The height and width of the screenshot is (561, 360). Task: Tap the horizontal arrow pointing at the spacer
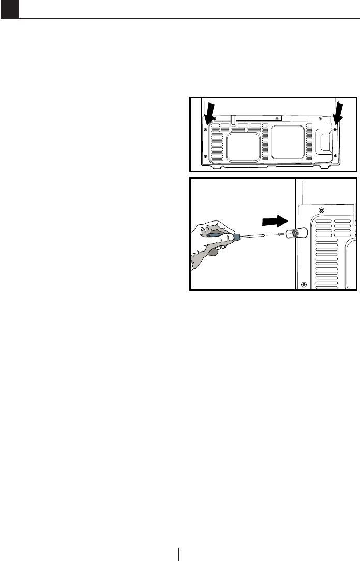tap(274, 220)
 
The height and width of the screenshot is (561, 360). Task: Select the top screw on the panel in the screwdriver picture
tap(321, 210)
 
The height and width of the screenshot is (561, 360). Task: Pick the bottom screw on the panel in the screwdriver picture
tap(303, 284)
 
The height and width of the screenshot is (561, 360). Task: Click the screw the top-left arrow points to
tap(206, 129)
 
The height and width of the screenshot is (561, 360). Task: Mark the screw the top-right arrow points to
tap(335, 129)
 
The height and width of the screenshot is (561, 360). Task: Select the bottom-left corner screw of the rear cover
tap(206, 156)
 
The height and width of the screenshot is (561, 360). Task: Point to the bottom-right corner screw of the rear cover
tap(335, 156)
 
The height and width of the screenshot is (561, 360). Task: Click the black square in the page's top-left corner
tap(9, 9)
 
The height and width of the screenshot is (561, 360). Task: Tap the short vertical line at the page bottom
tap(179, 553)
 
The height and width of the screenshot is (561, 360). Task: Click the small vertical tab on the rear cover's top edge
tap(234, 120)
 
